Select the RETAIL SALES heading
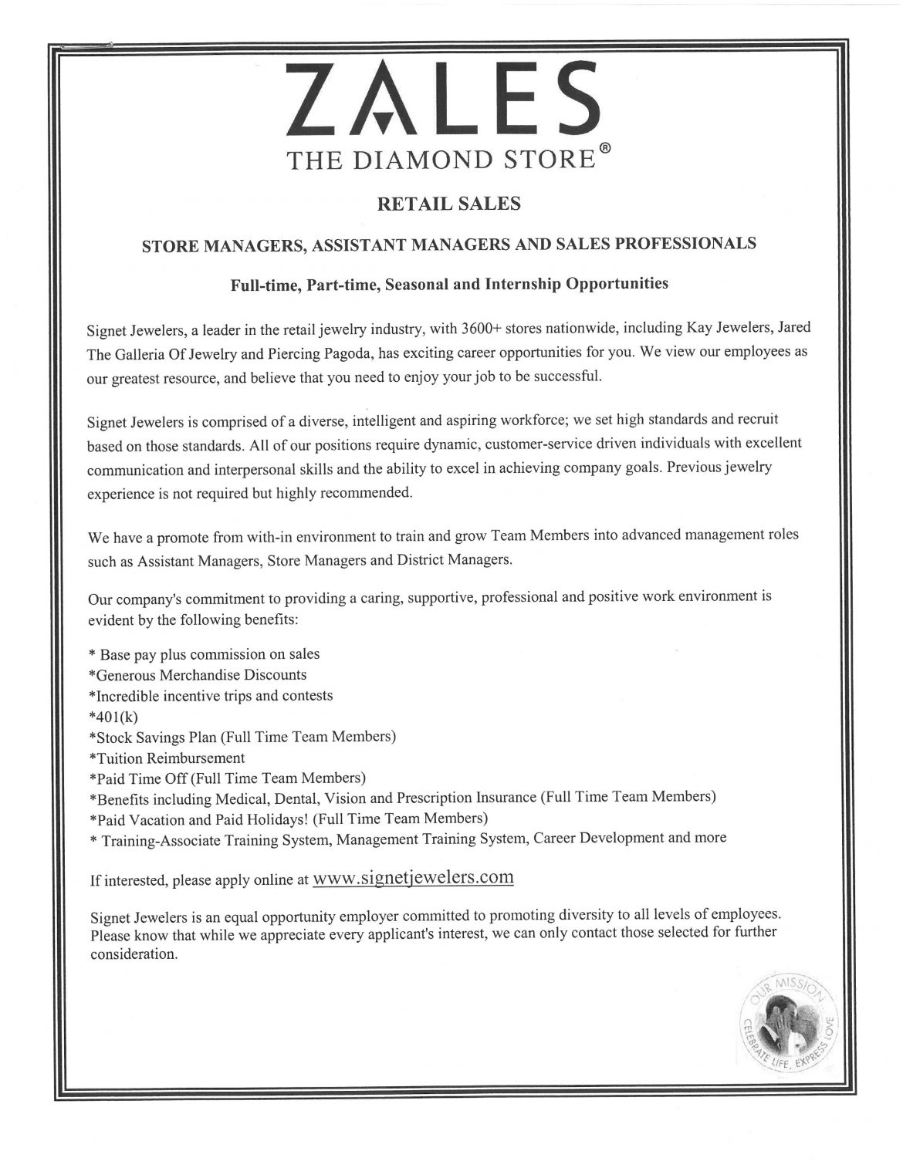tap(448, 204)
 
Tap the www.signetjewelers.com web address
tap(414, 877)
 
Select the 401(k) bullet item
tap(113, 716)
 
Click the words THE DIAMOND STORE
tap(441, 160)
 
